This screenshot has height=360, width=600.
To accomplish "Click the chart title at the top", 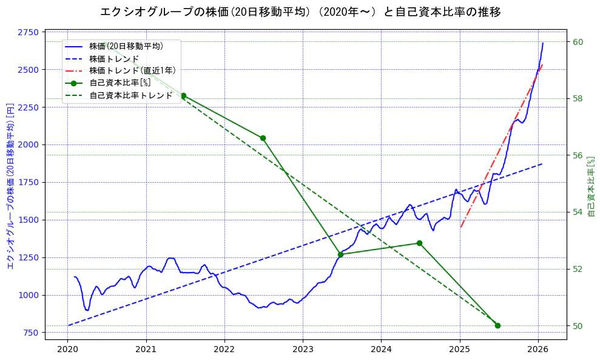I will (x=300, y=12).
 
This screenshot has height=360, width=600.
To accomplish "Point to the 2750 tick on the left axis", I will (x=29, y=32).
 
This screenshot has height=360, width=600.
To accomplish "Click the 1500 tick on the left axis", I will (x=29, y=220).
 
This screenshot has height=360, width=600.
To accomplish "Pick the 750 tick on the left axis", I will (x=31, y=333).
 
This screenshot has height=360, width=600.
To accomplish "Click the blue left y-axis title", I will (x=10, y=185).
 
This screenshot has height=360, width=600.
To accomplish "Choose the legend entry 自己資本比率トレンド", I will (x=130, y=95).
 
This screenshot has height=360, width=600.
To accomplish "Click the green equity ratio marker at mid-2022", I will (x=263, y=138).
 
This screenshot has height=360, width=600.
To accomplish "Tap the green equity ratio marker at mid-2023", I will (x=340, y=254).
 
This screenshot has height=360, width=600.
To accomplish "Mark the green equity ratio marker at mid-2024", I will (x=419, y=243).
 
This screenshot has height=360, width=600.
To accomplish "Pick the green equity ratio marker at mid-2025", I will (x=497, y=325).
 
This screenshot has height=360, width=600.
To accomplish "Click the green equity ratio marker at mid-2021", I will (x=183, y=95).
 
